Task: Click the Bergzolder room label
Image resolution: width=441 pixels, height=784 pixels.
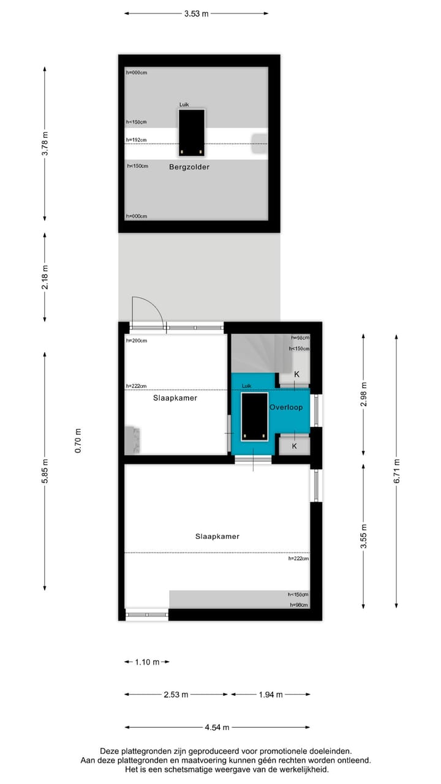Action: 189,167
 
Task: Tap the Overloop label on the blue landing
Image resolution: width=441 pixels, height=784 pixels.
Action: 285,407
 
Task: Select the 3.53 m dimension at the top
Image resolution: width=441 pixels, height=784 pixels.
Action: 196,13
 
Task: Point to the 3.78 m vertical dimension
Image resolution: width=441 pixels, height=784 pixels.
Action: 45,144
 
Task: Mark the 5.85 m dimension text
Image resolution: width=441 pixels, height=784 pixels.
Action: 45,471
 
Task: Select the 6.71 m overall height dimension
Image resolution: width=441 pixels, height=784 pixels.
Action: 396,471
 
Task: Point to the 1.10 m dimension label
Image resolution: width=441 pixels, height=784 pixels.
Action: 147,662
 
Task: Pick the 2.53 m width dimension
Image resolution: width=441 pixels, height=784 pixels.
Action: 176,695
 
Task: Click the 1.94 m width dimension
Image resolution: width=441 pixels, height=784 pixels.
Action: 270,695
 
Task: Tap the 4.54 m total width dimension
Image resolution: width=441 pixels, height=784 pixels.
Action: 217,728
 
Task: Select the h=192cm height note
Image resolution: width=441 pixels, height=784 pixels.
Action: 136,140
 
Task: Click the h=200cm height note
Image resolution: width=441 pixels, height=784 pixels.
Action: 136,341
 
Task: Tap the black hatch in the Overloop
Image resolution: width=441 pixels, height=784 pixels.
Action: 254,417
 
